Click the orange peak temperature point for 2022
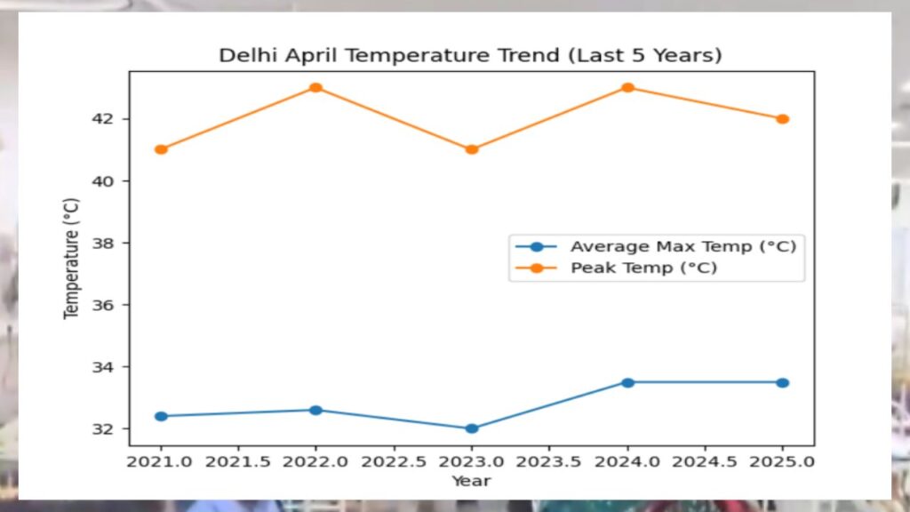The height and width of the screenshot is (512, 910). [x=315, y=88]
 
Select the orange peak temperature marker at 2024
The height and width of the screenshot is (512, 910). [x=627, y=88]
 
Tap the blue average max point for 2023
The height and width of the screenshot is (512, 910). [x=472, y=428]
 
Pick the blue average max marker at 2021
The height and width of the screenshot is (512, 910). [x=161, y=416]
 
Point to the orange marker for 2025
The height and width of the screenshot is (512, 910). [x=783, y=119]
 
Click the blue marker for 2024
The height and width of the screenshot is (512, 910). [x=627, y=382]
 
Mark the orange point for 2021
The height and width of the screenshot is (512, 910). [x=161, y=149]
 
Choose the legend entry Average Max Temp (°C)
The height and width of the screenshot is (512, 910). [x=682, y=246]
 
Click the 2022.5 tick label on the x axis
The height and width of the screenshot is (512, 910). [x=394, y=461]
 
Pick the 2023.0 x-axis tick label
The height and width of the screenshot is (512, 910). [x=472, y=461]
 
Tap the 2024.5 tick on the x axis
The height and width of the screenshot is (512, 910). [x=705, y=461]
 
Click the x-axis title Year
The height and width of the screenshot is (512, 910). [x=471, y=481]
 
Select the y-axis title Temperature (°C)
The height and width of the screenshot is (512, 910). [x=71, y=258]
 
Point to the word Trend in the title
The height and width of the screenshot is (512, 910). [x=514, y=55]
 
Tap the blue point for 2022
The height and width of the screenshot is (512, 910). [x=315, y=410]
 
